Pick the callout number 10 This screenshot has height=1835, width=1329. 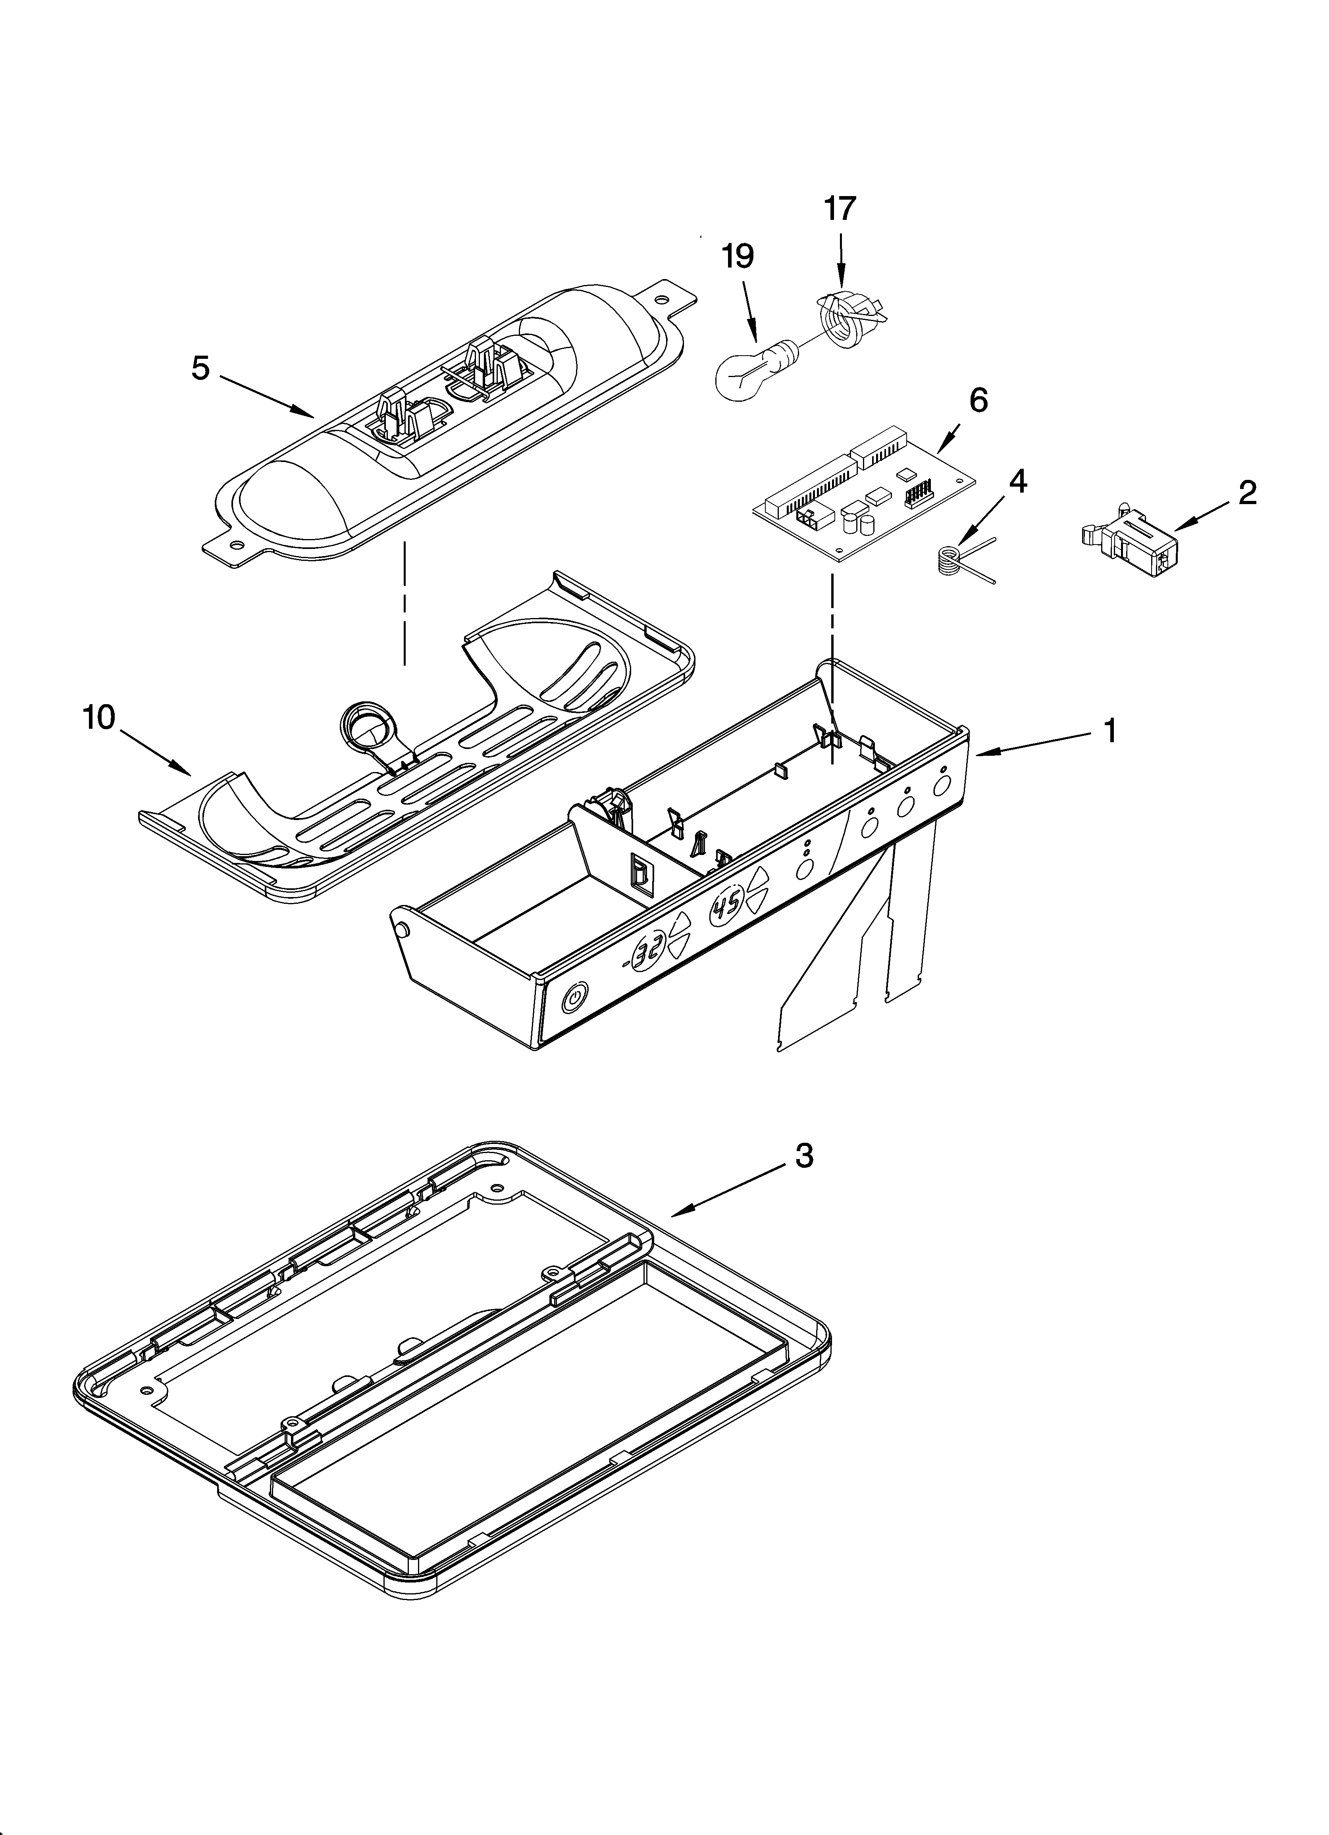tap(99, 718)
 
